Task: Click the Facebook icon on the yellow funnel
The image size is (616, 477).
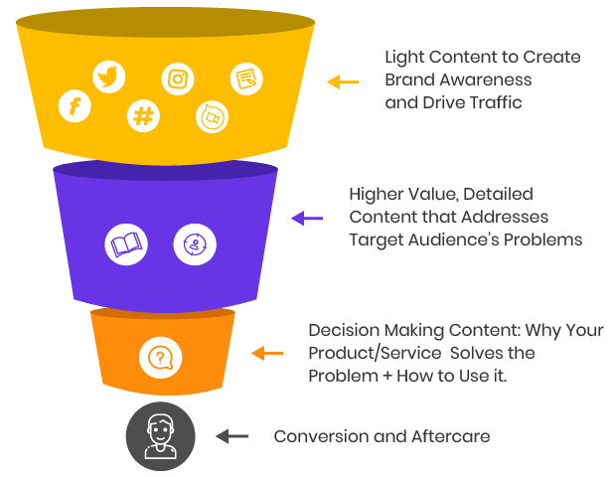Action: (75, 105)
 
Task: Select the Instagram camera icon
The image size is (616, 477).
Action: (178, 79)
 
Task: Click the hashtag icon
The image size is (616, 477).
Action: (144, 116)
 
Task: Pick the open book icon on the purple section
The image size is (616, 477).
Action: (127, 243)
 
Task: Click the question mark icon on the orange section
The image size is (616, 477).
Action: (160, 357)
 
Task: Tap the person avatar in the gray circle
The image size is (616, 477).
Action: (160, 435)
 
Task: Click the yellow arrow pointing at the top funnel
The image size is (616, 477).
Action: (343, 81)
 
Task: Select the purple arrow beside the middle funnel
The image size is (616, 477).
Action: (307, 217)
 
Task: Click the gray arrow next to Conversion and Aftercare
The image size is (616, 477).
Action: (232, 435)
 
